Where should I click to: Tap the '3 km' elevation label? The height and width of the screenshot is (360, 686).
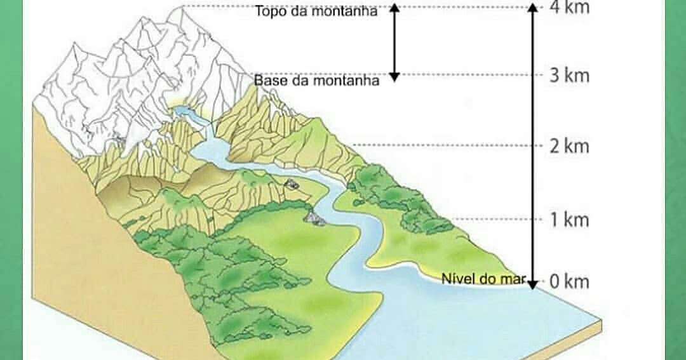(x=569, y=76)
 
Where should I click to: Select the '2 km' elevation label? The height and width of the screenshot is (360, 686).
(x=569, y=146)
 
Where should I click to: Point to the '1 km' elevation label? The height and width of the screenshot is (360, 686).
(x=569, y=220)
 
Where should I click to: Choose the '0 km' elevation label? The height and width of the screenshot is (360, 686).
(x=569, y=281)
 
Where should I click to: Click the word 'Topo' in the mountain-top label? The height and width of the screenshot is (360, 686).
(x=269, y=11)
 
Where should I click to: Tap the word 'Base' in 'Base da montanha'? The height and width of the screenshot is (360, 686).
(x=268, y=81)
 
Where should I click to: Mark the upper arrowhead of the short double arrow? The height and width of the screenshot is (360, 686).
(x=394, y=8)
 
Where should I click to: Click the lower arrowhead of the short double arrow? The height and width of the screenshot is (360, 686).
(x=394, y=77)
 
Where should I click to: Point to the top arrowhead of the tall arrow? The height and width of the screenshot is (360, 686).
(x=534, y=8)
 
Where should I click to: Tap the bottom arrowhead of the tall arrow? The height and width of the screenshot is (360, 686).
(x=534, y=283)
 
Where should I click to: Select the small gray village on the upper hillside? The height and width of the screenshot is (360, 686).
(x=292, y=184)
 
